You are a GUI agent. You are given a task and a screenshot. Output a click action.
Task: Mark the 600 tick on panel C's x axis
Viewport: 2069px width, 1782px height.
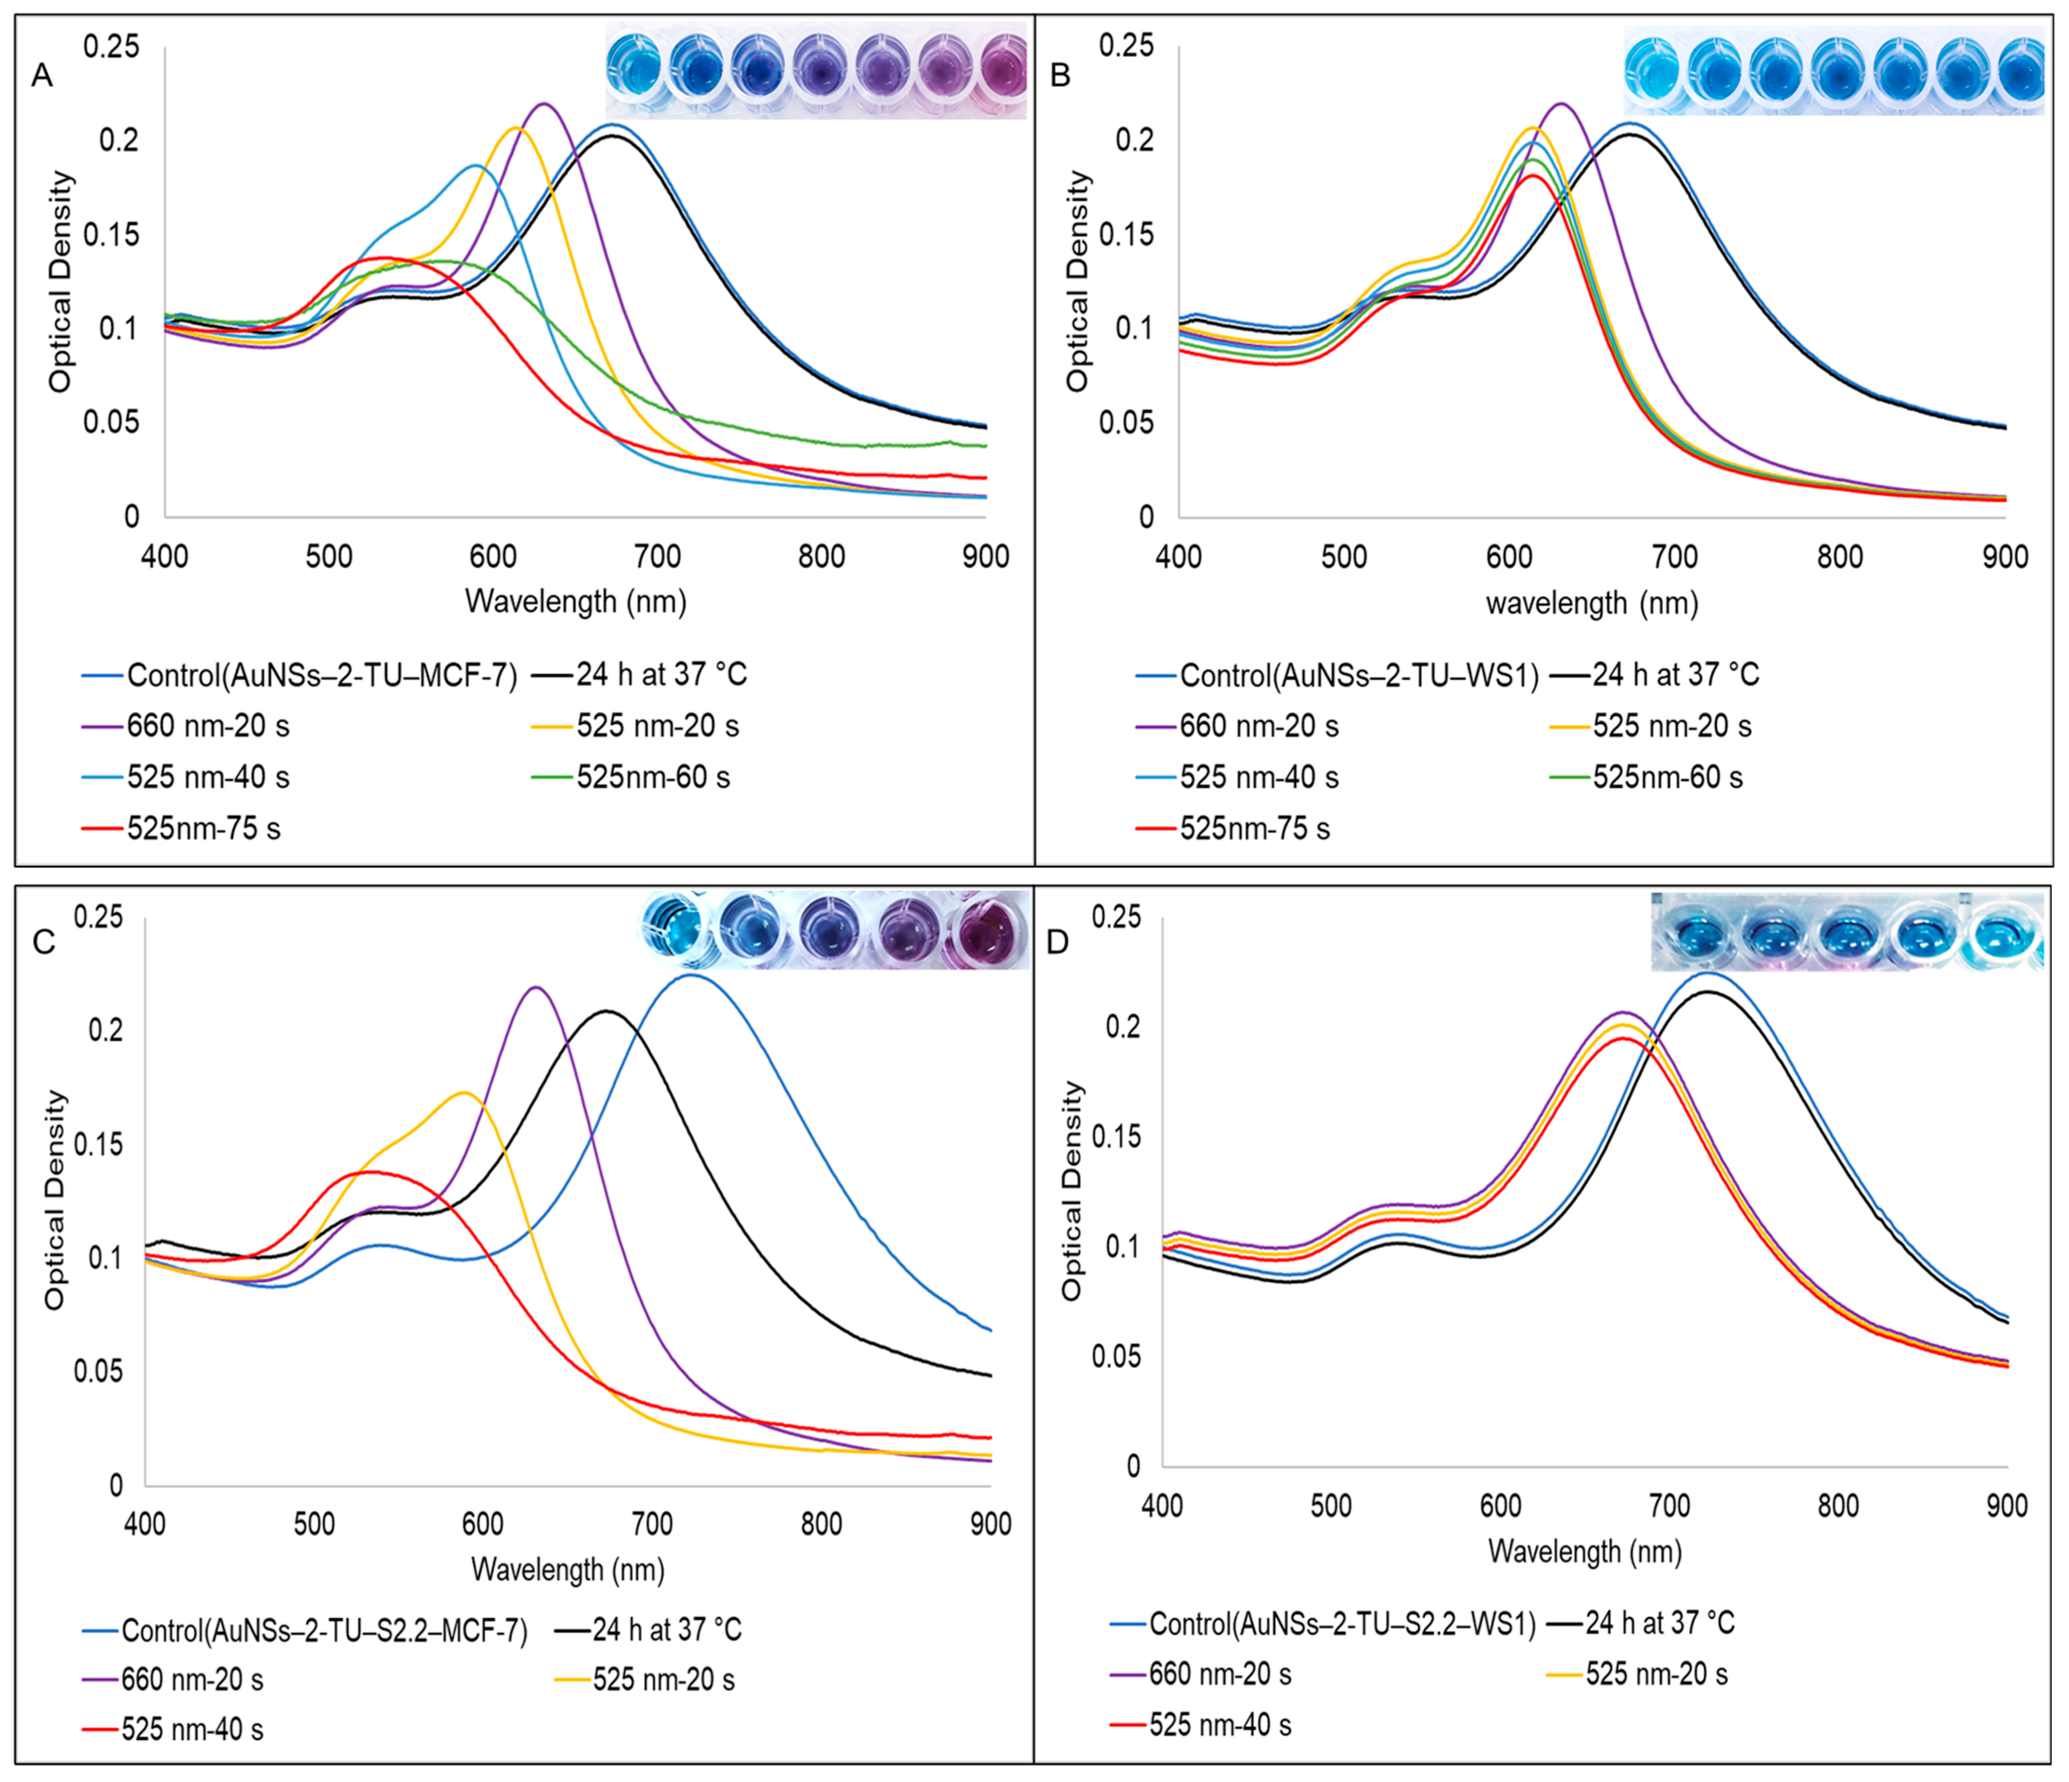point(483,1524)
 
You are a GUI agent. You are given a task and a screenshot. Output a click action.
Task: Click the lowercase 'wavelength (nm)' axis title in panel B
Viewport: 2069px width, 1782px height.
point(1592,603)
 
